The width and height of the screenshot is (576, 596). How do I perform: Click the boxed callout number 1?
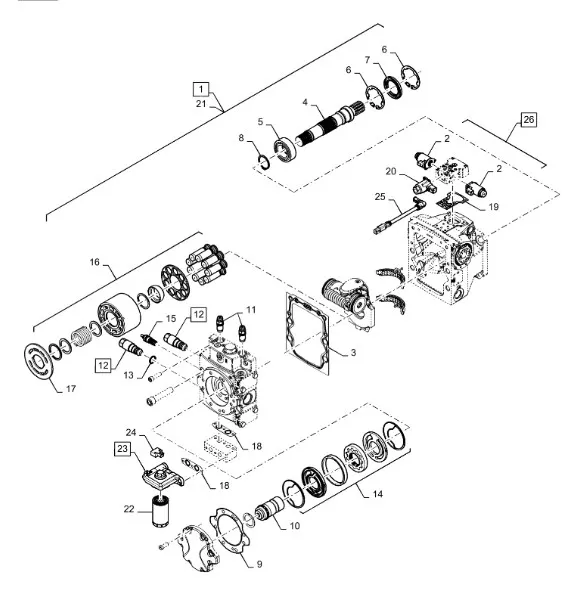point(201,89)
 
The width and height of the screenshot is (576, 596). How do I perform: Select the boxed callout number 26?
point(528,120)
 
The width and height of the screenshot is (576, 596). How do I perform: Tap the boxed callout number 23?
point(122,449)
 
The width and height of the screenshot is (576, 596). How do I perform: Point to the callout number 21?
point(201,103)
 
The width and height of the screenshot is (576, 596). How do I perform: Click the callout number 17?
point(71,389)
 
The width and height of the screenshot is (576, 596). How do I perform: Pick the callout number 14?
point(377,494)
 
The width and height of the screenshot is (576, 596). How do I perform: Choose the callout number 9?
point(259,564)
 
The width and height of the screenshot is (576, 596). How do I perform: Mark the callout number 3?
point(353,352)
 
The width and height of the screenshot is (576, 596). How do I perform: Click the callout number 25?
point(380,197)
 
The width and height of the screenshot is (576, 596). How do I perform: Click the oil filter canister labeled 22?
point(160,510)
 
